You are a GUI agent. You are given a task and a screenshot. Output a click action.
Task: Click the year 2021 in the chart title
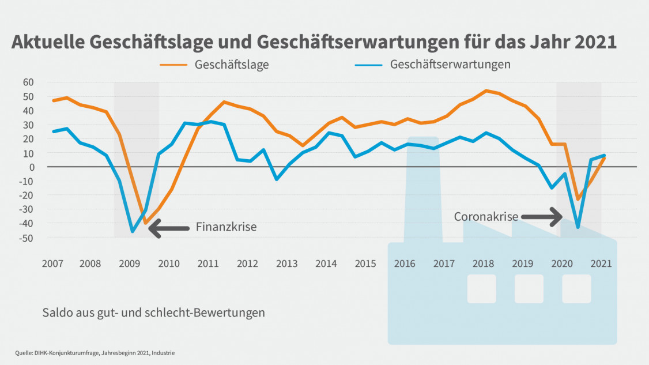pyautogui.click(x=595, y=42)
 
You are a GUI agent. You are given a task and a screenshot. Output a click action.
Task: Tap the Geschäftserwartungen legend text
pyautogui.click(x=450, y=64)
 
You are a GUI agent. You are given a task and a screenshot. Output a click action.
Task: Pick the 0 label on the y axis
pyautogui.click(x=32, y=167)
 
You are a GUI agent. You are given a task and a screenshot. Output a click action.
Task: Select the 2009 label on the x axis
pyautogui.click(x=129, y=264)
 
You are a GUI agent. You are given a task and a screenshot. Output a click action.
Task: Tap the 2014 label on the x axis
pyautogui.click(x=326, y=264)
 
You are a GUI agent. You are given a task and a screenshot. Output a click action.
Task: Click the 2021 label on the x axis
pyautogui.click(x=601, y=264)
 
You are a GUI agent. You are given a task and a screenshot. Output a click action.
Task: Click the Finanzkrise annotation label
pyautogui.click(x=226, y=227)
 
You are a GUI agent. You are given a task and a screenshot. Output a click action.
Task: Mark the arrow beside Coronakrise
pyautogui.click(x=542, y=217)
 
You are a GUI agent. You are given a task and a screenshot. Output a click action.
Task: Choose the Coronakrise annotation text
pyautogui.click(x=486, y=217)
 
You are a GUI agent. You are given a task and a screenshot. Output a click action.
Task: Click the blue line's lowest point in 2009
pyautogui.click(x=133, y=231)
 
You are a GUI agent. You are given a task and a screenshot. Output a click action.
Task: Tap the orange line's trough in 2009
pyautogui.click(x=145, y=223)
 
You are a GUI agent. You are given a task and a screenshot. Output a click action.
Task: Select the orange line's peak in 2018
pyautogui.click(x=485, y=91)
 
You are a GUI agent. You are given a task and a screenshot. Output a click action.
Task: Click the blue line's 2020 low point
pyautogui.click(x=578, y=227)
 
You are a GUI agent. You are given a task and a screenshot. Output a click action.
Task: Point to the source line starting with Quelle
pyautogui.click(x=95, y=352)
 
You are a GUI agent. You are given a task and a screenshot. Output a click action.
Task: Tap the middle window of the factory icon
pyautogui.click(x=529, y=289)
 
